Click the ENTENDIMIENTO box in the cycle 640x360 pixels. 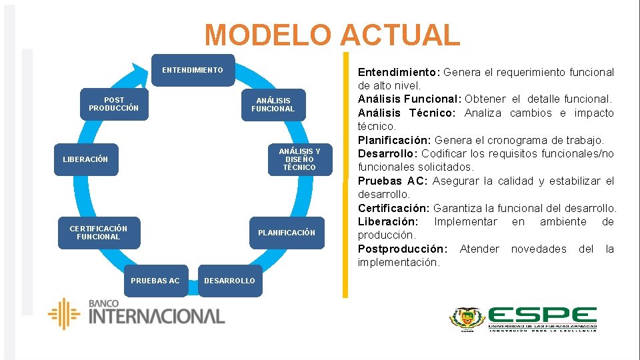click(x=193, y=70)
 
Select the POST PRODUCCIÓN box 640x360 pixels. click(x=113, y=104)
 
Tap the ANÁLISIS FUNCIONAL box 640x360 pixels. click(x=273, y=105)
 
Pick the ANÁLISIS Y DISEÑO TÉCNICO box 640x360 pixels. click(x=299, y=159)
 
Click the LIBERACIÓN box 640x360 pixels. click(x=85, y=159)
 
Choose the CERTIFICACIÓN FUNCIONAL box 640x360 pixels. click(x=99, y=233)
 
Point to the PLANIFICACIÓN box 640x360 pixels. click(x=287, y=233)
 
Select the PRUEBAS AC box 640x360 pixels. click(x=155, y=281)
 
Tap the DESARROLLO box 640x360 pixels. click(x=229, y=281)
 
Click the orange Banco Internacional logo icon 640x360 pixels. click(x=64, y=313)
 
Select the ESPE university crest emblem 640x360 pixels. click(x=467, y=319)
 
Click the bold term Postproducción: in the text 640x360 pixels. click(x=403, y=249)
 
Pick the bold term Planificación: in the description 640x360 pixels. click(x=395, y=140)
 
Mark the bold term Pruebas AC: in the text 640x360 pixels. click(x=393, y=181)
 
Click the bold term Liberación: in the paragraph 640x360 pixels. click(x=388, y=221)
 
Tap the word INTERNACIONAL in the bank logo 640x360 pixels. click(x=157, y=316)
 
